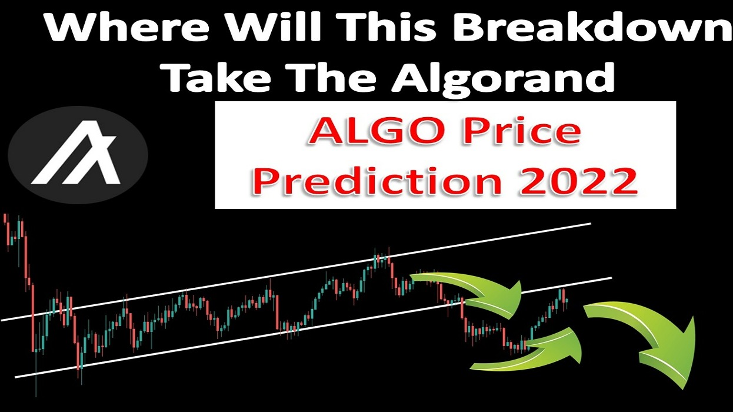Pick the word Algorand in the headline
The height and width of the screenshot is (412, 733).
(x=504, y=78)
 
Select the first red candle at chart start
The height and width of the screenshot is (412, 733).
(x=5, y=219)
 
